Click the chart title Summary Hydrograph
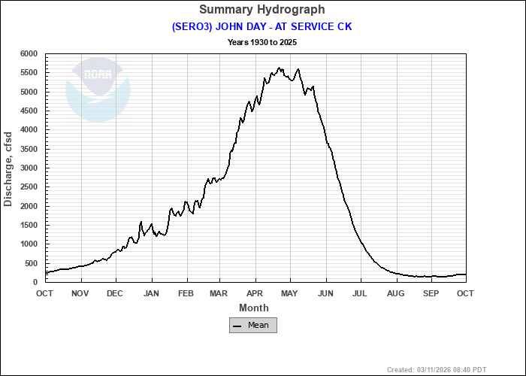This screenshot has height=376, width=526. coord(262,10)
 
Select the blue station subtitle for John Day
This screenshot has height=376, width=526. coord(262,26)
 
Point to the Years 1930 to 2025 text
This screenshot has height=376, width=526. coord(262,42)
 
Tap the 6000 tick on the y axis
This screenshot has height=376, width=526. coord(29,54)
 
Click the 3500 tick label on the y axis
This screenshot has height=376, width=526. coord(29,149)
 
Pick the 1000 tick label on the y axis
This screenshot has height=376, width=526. coord(29,244)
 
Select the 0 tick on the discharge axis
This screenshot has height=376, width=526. coord(35,282)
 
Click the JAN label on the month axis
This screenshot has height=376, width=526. coord(152,293)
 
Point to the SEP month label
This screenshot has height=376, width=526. coord(431,293)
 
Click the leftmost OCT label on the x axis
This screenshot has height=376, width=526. coord(46,293)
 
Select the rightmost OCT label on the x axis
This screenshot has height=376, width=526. coord(465,293)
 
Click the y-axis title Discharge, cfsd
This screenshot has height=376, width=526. coord(8,168)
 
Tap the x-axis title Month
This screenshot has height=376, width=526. coord(253,308)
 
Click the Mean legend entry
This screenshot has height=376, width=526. coord(253,325)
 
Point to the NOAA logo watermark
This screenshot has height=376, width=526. coord(98,89)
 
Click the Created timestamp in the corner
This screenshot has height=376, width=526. coord(454,370)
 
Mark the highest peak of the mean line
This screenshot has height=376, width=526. coord(279,68)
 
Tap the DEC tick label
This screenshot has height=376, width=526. coord(115,293)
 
